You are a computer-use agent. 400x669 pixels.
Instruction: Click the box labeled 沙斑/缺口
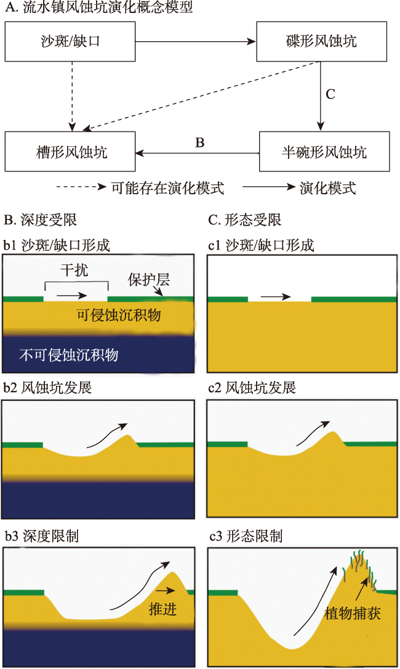click(x=70, y=41)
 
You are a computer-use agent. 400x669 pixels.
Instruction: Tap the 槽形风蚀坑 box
click(x=70, y=151)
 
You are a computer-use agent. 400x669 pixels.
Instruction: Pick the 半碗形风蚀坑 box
click(x=324, y=151)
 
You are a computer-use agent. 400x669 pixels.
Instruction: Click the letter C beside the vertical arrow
click(x=330, y=95)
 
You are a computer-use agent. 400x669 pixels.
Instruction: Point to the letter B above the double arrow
click(x=199, y=143)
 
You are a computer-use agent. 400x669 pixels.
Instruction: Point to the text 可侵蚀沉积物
click(x=118, y=315)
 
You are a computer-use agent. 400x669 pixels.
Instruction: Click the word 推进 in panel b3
click(x=163, y=609)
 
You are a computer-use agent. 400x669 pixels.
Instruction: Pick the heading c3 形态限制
click(x=246, y=536)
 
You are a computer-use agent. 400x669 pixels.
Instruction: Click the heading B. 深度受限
click(x=41, y=220)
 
